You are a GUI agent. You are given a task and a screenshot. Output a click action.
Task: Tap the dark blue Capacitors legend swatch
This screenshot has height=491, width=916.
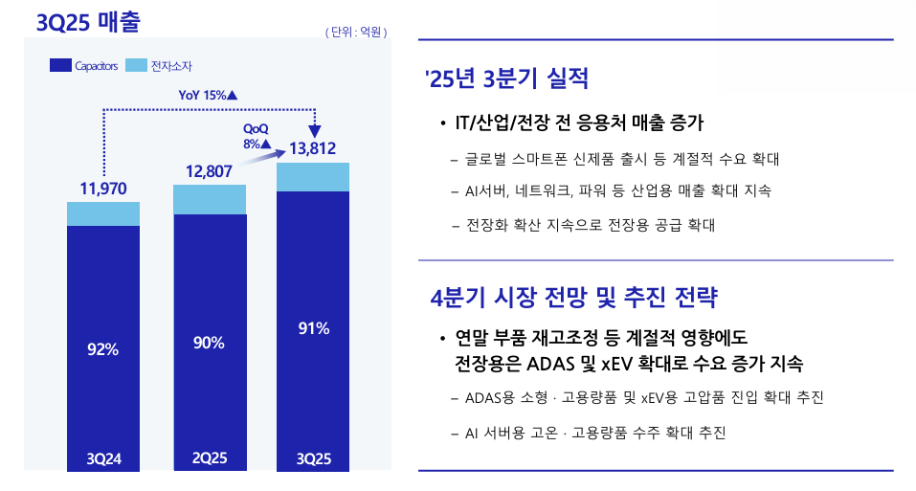pyautogui.click(x=59, y=66)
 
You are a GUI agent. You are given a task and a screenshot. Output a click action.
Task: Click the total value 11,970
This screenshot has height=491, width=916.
pyautogui.click(x=103, y=188)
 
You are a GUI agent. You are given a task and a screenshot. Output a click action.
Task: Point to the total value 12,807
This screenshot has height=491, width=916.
pyautogui.click(x=209, y=171)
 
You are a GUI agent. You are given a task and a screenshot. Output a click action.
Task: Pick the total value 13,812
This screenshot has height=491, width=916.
pyautogui.click(x=312, y=148)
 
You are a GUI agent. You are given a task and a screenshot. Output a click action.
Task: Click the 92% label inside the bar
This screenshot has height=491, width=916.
pyautogui.click(x=102, y=349)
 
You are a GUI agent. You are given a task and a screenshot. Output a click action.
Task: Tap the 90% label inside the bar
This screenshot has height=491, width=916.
pyautogui.click(x=209, y=343)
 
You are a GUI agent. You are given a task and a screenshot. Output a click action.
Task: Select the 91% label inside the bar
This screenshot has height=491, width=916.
pyautogui.click(x=313, y=328)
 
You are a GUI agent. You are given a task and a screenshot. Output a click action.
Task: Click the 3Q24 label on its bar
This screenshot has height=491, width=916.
pyautogui.click(x=103, y=459)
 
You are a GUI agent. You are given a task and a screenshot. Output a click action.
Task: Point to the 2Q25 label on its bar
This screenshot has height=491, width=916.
pyautogui.click(x=209, y=458)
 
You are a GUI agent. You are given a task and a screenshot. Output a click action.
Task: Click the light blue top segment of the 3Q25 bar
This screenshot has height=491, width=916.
pyautogui.click(x=313, y=177)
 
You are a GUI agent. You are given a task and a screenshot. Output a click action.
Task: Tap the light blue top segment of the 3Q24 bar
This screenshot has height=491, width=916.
pyautogui.click(x=103, y=213)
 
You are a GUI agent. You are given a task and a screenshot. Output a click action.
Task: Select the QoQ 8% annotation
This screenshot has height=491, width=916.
pyautogui.click(x=257, y=136)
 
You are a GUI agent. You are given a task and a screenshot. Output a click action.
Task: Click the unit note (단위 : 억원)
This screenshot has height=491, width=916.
pyautogui.click(x=356, y=32)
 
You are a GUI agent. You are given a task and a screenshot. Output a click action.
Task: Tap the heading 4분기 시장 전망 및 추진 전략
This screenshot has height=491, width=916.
pyautogui.click(x=574, y=296)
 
